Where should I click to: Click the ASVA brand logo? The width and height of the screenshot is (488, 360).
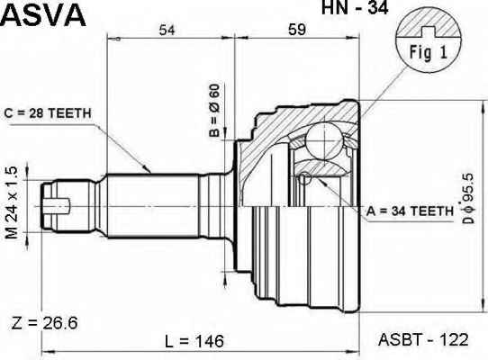43,15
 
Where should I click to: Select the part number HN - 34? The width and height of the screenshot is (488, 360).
355,7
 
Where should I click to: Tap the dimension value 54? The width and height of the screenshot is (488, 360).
167,31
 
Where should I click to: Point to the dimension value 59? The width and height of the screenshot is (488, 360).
297,30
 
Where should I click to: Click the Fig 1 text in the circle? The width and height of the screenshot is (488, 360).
429,52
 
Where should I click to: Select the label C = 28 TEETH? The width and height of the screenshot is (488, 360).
48,113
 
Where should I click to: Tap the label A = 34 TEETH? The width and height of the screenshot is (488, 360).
410,211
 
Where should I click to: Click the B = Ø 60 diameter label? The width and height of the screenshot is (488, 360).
214,111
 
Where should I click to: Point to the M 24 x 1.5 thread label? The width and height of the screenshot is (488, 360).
12,202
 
